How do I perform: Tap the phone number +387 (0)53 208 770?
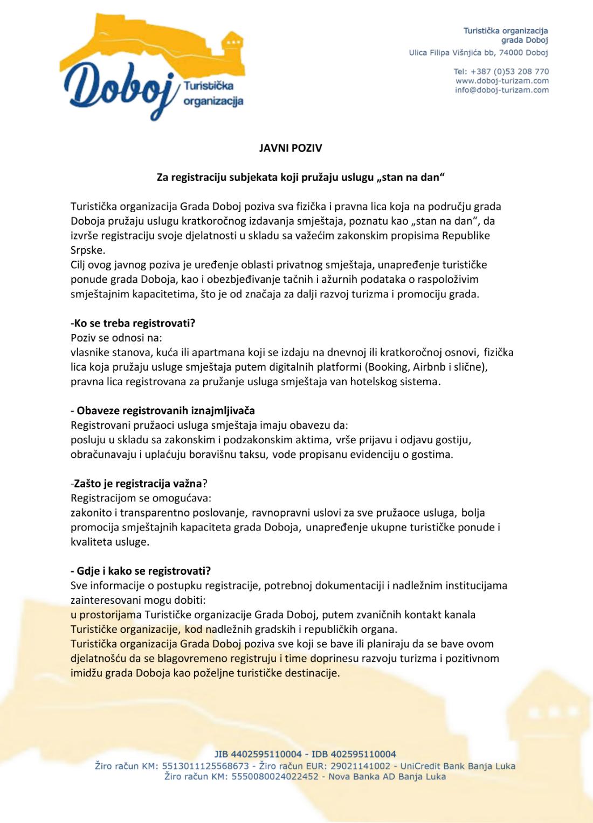pyautogui.click(x=509, y=72)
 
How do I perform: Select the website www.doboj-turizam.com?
pyautogui.click(x=502, y=81)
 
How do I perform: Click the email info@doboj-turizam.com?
pyautogui.click(x=501, y=90)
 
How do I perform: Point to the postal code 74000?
pyautogui.click(x=511, y=53)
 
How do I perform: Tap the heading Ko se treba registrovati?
pyautogui.click(x=133, y=324)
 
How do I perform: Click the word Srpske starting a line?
pyautogui.click(x=88, y=250)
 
